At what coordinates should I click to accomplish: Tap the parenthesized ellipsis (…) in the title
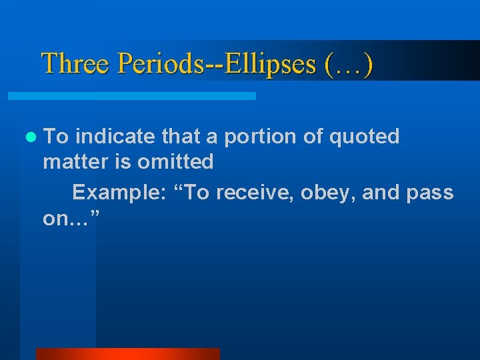(x=348, y=64)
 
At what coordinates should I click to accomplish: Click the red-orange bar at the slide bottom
(x=127, y=354)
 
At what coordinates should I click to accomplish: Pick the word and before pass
(x=381, y=193)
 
